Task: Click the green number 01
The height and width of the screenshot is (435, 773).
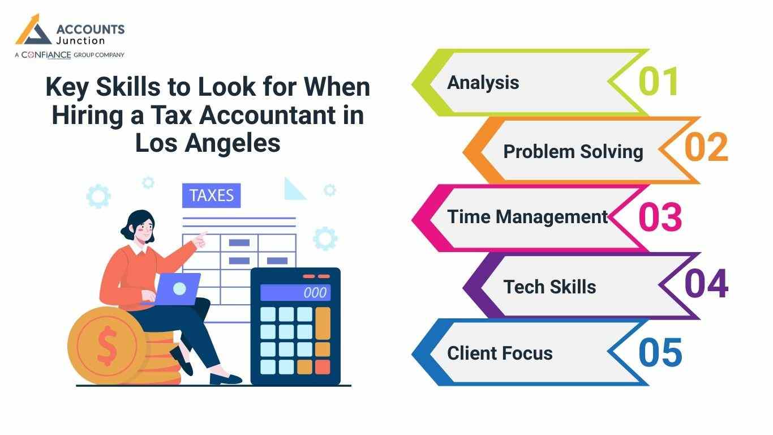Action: pyautogui.click(x=658, y=82)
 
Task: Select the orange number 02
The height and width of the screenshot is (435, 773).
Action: pyautogui.click(x=706, y=148)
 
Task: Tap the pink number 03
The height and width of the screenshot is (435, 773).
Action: pyautogui.click(x=660, y=217)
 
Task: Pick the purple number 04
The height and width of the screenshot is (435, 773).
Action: pyautogui.click(x=706, y=284)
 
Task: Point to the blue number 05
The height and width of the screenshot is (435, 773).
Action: pyautogui.click(x=660, y=352)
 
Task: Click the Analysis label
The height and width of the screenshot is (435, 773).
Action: pyautogui.click(x=483, y=83)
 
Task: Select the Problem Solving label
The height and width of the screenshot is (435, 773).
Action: pyautogui.click(x=573, y=152)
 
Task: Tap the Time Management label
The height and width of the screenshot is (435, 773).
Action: pyautogui.click(x=527, y=217)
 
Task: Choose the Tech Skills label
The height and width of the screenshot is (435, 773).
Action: pyautogui.click(x=549, y=287)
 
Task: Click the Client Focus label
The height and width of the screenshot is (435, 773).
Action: pyautogui.click(x=500, y=353)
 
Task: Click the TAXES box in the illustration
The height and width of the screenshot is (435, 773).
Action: pyautogui.click(x=211, y=195)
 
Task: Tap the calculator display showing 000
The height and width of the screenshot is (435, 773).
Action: pyautogui.click(x=295, y=292)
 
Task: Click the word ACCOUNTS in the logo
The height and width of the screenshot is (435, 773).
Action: pyautogui.click(x=91, y=29)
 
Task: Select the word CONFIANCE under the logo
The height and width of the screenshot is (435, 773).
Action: pyautogui.click(x=46, y=55)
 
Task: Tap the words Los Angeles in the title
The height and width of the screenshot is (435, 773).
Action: pyautogui.click(x=208, y=143)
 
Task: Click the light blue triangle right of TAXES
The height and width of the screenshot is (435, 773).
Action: pyautogui.click(x=293, y=190)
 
